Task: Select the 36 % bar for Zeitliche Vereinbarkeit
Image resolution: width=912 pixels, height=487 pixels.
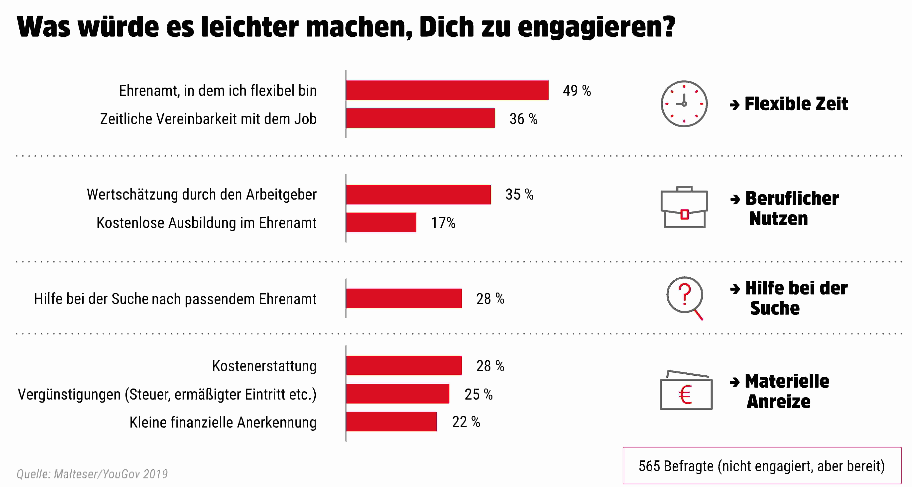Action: point(420,118)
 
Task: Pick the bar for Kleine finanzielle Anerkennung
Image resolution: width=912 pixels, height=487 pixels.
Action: point(391,422)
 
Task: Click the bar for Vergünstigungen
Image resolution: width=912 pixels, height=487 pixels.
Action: point(398,394)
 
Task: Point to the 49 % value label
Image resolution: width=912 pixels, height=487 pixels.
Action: point(577,91)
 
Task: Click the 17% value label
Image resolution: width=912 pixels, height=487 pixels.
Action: point(443,223)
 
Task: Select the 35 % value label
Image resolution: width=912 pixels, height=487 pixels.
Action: point(519,195)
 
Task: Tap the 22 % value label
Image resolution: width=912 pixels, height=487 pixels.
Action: point(466,422)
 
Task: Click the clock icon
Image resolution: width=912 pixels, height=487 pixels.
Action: point(684,104)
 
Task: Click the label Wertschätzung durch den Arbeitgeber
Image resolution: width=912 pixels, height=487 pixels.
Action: point(201,195)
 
